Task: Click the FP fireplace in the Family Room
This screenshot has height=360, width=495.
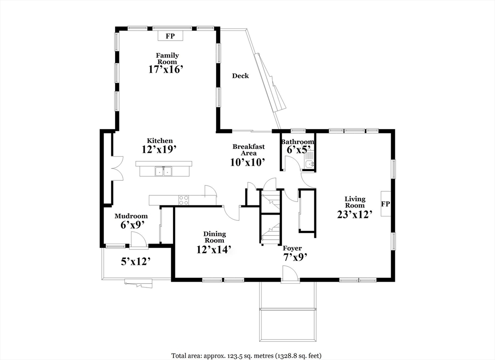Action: [170, 36]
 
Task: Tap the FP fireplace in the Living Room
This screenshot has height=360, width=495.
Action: [385, 204]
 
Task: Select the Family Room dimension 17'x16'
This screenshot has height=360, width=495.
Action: [166, 70]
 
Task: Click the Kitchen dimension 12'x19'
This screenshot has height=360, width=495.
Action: [159, 149]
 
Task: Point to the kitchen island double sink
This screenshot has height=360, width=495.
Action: [163, 172]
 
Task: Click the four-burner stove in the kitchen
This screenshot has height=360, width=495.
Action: [184, 200]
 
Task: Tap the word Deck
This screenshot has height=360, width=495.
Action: [241, 76]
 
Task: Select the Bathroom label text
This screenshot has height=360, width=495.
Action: [298, 142]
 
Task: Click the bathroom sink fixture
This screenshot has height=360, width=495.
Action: [310, 164]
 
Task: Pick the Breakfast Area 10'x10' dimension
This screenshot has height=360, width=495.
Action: [247, 162]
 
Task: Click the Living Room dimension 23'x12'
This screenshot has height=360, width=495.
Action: [355, 215]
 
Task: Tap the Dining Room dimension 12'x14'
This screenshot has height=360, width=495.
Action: [215, 249]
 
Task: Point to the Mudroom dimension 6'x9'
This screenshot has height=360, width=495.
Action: [132, 225]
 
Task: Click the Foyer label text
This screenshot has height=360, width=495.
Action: [292, 248]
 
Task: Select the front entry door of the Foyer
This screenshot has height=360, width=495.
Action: [290, 273]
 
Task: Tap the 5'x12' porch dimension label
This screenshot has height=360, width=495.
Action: [135, 261]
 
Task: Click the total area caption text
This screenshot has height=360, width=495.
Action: [247, 356]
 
